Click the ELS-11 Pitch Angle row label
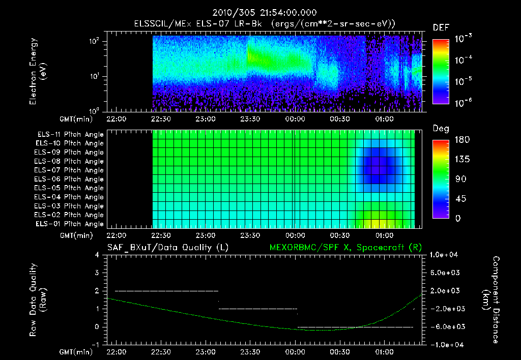coord(70,134)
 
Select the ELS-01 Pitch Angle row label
coord(70,224)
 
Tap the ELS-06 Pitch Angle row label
coord(70,179)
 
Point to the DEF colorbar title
coord(441,27)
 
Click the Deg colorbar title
coord(441,129)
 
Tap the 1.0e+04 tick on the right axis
coord(445,255)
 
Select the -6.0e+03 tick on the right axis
coord(445,326)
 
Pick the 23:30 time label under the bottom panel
coord(250,351)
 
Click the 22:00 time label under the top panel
coord(117,119)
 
